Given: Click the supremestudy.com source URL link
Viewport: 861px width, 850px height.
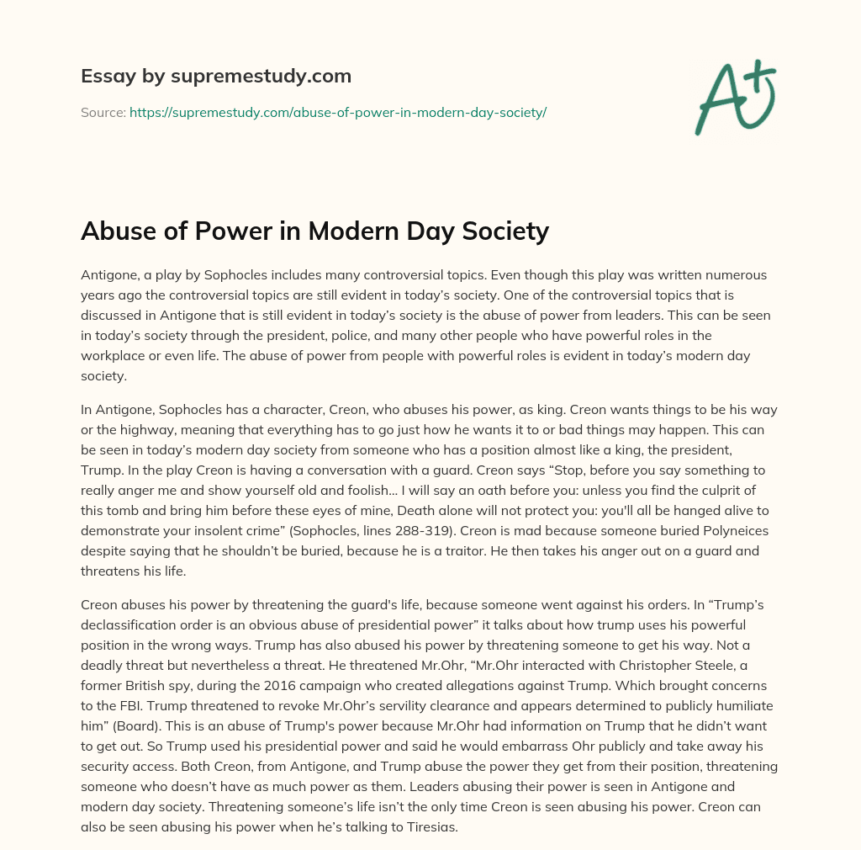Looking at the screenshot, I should (338, 112).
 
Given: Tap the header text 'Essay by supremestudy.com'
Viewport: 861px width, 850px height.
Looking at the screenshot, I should (215, 77).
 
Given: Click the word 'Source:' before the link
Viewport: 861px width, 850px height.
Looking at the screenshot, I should (103, 112).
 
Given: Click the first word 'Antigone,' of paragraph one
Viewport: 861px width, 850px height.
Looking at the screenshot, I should (109, 275).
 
